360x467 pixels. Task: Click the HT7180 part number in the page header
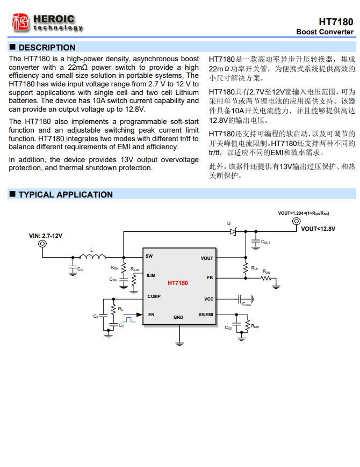coord(336,22)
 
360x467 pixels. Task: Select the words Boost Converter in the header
coord(325,32)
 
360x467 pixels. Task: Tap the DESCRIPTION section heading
coord(47,47)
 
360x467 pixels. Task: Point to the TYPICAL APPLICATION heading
coord(65,194)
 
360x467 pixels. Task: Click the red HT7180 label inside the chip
coord(178,283)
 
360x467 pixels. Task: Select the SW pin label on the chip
coord(149,256)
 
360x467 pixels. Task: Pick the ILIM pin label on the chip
coord(151,275)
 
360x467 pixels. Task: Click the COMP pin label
coord(154,296)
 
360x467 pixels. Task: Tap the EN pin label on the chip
coord(151,315)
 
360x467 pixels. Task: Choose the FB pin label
coord(210,278)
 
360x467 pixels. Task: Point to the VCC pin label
coord(208,298)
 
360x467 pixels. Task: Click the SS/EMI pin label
coord(205,315)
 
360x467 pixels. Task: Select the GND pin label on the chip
coord(178,317)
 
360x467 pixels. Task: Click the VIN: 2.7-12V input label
coord(46,236)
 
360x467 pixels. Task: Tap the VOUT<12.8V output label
coord(318,229)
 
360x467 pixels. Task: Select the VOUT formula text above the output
coord(304,213)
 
